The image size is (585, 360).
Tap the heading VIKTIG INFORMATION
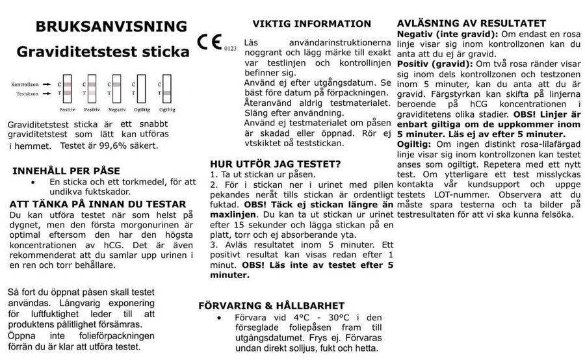click(x=312, y=24)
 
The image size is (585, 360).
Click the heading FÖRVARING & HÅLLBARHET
click(x=271, y=306)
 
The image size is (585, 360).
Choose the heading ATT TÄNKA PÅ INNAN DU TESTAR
click(x=98, y=204)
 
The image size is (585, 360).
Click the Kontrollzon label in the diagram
click(x=25, y=85)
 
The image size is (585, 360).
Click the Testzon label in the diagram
click(x=27, y=95)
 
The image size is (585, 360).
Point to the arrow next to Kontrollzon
click(x=47, y=85)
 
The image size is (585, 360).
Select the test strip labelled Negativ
click(x=116, y=92)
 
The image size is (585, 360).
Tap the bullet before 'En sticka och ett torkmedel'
click(x=32, y=183)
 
